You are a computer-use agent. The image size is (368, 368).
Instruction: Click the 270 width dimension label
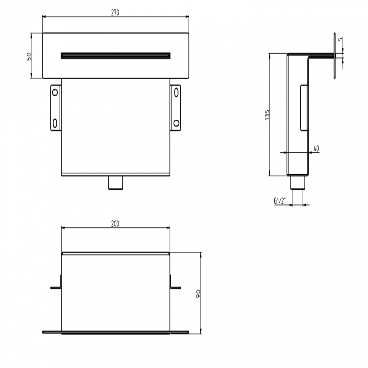coord(115,13)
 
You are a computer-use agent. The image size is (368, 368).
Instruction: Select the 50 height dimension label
coord(28,56)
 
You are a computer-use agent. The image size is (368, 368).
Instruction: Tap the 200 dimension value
coord(115,224)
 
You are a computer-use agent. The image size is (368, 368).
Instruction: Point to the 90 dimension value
coord(198,294)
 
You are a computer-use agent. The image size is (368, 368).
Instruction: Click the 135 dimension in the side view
coord(267,115)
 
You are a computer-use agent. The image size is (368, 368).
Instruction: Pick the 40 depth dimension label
coord(316,148)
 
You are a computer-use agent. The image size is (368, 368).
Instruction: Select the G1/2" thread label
coord(280,201)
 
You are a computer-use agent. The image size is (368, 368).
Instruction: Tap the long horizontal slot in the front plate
coord(115,55)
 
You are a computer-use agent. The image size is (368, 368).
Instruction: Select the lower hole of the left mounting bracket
coord(55,123)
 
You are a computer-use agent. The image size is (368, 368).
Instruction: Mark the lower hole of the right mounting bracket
coord(176,123)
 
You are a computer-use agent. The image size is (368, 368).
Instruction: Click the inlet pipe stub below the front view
coord(116,183)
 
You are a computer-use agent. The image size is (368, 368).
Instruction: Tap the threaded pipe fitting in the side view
coord(298,183)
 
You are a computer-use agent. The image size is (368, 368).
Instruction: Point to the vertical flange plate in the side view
coord(335,55)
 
